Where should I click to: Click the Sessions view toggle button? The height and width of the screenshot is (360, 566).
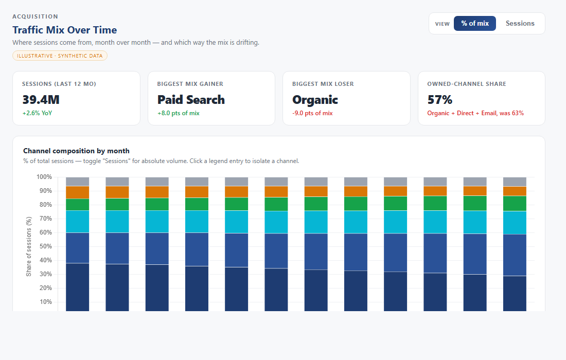pos(520,24)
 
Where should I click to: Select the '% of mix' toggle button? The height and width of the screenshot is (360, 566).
pos(475,24)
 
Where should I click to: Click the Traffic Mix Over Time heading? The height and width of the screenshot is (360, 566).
pos(65,30)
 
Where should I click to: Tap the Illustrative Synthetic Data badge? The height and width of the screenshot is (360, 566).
pos(60,56)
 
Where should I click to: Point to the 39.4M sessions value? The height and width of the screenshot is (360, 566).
pos(41,100)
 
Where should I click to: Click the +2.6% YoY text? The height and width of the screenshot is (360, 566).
pos(37,113)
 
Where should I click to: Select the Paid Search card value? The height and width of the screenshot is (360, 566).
pos(191,100)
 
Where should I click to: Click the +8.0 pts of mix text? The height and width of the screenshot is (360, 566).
pos(179,113)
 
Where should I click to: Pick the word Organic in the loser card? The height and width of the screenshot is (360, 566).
pos(315,100)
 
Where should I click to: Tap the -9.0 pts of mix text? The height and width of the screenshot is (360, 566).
pos(313,113)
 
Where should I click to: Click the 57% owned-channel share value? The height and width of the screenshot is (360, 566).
pos(439,100)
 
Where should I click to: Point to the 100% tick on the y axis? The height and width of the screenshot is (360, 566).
pos(44,177)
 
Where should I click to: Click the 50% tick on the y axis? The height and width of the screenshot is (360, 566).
pos(45,246)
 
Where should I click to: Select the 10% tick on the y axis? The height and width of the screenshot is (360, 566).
pos(45,302)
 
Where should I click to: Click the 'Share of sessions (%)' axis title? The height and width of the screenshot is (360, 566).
pos(29,246)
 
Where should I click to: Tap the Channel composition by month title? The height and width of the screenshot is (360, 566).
pos(76,151)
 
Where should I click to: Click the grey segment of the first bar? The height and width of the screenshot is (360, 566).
pos(78,182)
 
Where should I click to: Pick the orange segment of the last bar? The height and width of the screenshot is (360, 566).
pos(515,191)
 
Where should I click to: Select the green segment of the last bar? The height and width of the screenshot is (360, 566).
pos(515,204)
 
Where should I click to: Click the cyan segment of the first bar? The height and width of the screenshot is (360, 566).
pos(78,222)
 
